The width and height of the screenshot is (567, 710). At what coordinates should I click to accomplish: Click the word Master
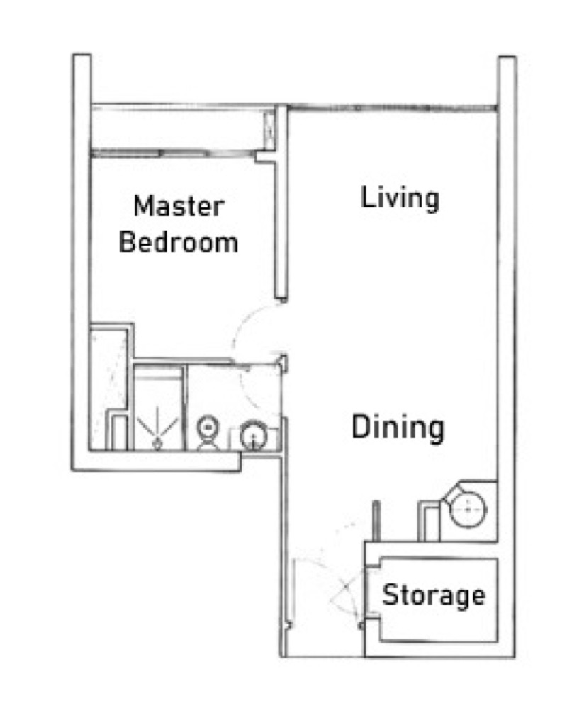(x=179, y=206)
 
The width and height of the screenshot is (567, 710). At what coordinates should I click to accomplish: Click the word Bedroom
(x=179, y=242)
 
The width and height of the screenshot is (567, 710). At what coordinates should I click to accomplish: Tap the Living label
(x=400, y=198)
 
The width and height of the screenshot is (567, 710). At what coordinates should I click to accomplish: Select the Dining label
(x=398, y=428)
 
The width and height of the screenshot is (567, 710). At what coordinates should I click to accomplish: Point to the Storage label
(x=434, y=595)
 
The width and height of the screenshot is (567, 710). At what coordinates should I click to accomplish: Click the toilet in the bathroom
(x=208, y=433)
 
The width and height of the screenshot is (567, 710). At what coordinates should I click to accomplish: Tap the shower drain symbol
(x=157, y=444)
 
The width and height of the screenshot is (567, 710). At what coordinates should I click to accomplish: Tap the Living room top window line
(x=393, y=108)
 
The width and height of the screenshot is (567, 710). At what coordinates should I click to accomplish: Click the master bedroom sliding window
(x=172, y=154)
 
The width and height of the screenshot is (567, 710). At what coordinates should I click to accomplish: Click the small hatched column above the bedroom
(x=269, y=130)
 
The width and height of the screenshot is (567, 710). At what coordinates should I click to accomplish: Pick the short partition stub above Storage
(x=376, y=521)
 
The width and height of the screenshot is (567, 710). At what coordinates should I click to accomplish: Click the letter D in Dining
(x=360, y=427)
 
